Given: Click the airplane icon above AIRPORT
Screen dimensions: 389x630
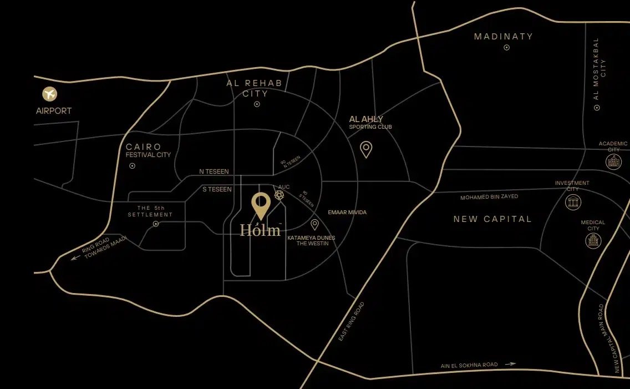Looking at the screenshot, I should pos(50,94).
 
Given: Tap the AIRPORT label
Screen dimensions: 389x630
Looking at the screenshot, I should pos(54,111).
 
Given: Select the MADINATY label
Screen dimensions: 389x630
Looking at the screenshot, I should pos(504,37).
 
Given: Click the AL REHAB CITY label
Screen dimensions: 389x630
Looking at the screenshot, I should pos(255,88).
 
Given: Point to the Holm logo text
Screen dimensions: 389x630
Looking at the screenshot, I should pos(260,230).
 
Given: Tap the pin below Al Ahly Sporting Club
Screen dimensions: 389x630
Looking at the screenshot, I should pos(366,149).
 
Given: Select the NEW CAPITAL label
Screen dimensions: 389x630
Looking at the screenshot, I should pos(492,219).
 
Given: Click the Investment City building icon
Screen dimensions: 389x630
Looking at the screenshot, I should pos(573,202).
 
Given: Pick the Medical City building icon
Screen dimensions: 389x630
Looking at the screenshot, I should pos(593,240).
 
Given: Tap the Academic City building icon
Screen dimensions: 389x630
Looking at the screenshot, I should pos(613,161).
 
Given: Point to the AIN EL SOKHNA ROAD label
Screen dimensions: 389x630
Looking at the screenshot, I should pos(469,365).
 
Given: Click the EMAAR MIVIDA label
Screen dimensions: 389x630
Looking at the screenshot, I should pos(347,213).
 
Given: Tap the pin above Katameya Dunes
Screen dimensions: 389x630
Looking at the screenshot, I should pos(314,224).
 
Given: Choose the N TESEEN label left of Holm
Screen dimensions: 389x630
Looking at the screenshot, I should pos(214,172).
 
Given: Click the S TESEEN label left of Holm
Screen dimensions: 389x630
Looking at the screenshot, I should pos(217,190).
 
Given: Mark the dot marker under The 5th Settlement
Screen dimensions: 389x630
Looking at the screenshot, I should pos(156,224).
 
